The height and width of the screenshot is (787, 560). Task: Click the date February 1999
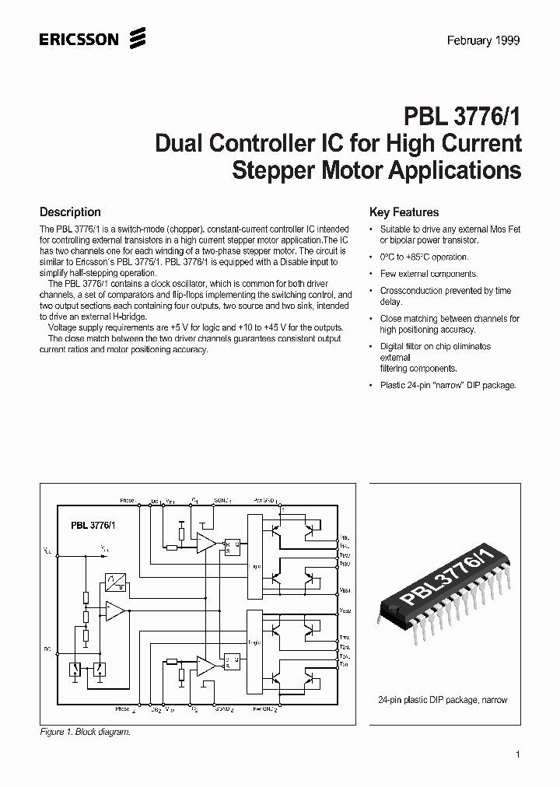point(483,41)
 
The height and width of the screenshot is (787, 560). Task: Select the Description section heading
point(70,212)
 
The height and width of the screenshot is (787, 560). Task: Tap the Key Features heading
point(404,212)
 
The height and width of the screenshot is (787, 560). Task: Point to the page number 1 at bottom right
point(517,754)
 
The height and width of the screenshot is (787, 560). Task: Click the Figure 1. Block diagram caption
point(85,733)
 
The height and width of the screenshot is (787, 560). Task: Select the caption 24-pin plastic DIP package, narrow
point(442,700)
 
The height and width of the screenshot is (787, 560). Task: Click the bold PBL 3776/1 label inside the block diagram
point(93,526)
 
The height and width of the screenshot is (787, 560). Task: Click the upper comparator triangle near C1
point(205,544)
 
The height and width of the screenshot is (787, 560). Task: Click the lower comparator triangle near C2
point(205,665)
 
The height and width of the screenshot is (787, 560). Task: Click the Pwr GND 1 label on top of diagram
point(266,500)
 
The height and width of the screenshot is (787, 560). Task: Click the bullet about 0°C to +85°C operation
point(424,257)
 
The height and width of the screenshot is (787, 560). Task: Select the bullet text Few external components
point(429,274)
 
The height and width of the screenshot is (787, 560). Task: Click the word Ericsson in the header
point(79,39)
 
